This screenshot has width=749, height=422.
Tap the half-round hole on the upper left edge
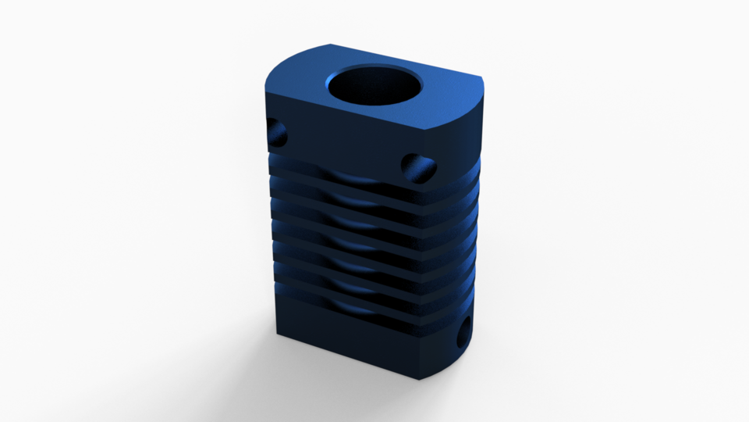tap(276, 133)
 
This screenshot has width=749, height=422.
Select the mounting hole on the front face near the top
tap(417, 166)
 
